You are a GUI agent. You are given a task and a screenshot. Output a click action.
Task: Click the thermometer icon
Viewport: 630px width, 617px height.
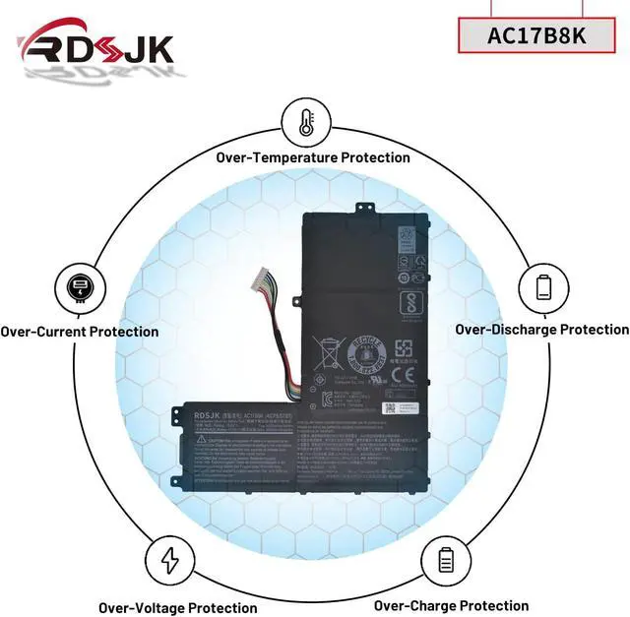click(x=304, y=122)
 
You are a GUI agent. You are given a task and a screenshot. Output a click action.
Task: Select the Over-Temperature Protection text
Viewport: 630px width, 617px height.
click(x=313, y=157)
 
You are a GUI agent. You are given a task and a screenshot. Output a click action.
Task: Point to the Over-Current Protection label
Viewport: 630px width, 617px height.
click(x=79, y=332)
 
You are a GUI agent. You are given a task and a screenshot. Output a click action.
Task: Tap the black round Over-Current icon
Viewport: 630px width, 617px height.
click(x=78, y=288)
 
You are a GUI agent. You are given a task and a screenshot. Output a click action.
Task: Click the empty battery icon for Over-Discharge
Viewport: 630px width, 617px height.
click(x=543, y=286)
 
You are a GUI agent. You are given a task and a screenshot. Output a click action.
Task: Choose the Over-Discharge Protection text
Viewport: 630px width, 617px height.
click(x=541, y=330)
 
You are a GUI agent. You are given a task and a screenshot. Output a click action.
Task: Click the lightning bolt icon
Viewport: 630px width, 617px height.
click(x=169, y=560)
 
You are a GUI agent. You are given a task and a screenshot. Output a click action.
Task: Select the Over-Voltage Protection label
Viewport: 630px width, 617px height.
click(x=178, y=608)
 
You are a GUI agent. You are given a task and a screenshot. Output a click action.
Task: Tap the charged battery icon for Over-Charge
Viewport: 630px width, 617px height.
click(x=444, y=560)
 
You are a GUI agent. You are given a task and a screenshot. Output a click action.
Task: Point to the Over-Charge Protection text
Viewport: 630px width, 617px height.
click(x=451, y=606)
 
